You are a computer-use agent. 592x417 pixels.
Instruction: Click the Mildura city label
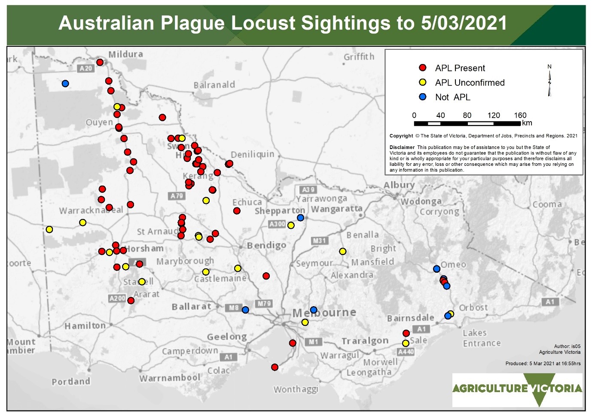[x=125, y=55]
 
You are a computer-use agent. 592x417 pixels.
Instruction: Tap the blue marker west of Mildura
[x=65, y=83]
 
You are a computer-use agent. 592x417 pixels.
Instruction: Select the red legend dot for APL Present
[x=423, y=68]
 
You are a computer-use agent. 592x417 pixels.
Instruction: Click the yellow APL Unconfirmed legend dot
[x=423, y=82]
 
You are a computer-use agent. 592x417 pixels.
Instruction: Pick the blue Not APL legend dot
[x=423, y=97]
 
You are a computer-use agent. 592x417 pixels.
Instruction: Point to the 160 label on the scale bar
[x=520, y=115]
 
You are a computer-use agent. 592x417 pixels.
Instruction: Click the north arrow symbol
[x=549, y=81]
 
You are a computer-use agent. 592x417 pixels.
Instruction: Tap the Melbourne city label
[x=324, y=313]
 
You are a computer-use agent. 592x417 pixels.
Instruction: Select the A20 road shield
[x=86, y=68]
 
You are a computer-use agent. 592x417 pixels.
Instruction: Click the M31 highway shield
[x=319, y=240]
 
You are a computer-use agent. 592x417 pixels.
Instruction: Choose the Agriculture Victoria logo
[x=517, y=390]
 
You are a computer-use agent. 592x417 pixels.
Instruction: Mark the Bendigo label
[x=266, y=245]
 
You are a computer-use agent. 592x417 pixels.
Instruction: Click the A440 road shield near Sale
[x=406, y=352]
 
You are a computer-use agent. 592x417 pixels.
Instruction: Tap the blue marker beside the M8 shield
[x=245, y=310]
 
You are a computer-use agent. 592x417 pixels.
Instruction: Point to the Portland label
[x=71, y=381]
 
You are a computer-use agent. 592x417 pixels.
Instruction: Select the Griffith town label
[x=359, y=57]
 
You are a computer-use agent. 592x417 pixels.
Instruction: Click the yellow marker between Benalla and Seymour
[x=342, y=251]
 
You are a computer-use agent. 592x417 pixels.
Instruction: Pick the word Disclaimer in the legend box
[x=402, y=147]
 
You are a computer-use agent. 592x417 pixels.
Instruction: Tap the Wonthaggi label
[x=296, y=389]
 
